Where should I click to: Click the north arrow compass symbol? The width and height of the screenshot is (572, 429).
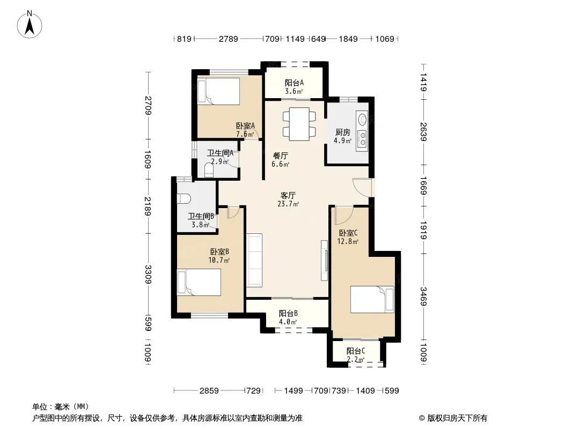[x=30, y=25]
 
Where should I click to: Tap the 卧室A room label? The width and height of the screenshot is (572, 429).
[x=245, y=125]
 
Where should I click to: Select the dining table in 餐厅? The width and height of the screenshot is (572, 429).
[x=299, y=124]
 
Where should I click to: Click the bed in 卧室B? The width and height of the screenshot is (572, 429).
[x=199, y=282]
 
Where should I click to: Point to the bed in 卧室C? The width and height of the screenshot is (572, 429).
[x=372, y=300]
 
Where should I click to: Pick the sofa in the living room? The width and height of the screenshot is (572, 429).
[x=255, y=260]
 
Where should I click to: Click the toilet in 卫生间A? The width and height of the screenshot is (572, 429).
[x=209, y=170]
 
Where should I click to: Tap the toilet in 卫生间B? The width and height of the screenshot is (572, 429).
[x=184, y=198]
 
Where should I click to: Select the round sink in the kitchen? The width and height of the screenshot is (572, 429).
[x=363, y=119]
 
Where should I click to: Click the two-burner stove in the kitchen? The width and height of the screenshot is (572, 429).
[x=362, y=139]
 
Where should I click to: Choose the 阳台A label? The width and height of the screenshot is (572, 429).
[x=294, y=83]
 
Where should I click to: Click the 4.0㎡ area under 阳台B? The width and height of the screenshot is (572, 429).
[x=288, y=322]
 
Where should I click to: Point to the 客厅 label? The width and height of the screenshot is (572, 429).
[x=288, y=195]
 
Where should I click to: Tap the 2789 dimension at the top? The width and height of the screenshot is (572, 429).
[x=229, y=39]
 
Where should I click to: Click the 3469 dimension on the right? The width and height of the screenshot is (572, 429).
[x=423, y=297]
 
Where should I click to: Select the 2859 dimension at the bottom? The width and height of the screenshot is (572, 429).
[x=209, y=391]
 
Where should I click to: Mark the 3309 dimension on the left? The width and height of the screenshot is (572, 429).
[x=148, y=275]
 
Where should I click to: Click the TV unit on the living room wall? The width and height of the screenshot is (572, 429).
[x=324, y=260]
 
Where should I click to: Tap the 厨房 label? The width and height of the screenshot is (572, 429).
[x=342, y=132]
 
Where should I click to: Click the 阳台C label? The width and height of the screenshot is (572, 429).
[x=356, y=351]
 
